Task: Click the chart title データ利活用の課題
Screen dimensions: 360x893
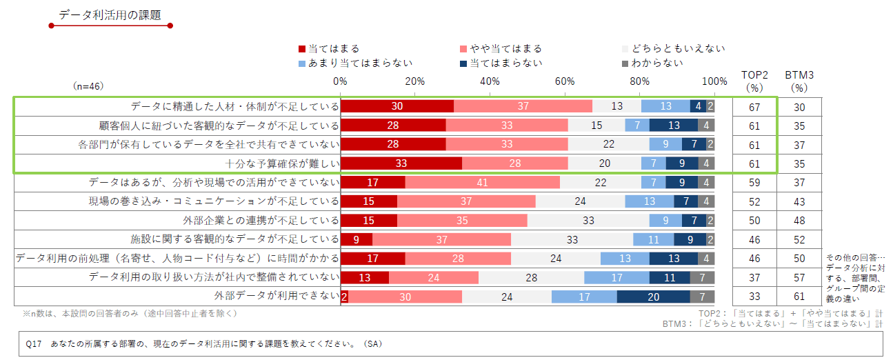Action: pos(110,15)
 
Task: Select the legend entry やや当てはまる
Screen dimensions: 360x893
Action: pos(505,48)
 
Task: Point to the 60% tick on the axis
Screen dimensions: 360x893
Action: pos(565,81)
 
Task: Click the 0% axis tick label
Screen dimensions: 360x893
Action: pos(340,81)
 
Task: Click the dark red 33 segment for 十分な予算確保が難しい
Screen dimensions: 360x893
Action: pos(401,163)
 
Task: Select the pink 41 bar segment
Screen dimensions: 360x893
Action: pos(482,183)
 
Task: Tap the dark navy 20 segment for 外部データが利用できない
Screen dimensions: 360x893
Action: pos(653,297)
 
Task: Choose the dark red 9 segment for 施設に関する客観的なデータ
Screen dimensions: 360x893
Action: pos(357,239)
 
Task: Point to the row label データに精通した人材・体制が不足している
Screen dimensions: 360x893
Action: pos(235,106)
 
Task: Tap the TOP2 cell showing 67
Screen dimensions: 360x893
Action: pos(754,106)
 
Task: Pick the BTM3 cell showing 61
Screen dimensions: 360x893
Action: pos(799,297)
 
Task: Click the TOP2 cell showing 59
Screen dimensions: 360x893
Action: pos(754,183)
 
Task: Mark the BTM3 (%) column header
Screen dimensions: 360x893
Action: pos(799,81)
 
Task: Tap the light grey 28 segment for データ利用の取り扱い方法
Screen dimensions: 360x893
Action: pos(531,277)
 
